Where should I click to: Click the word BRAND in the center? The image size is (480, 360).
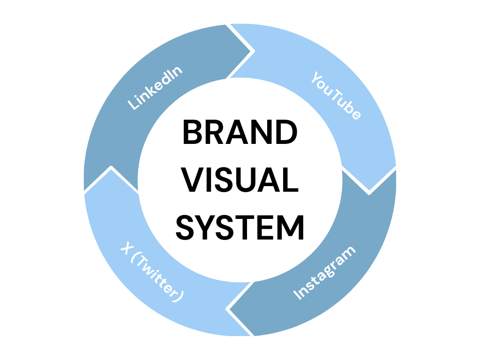coord(240,133)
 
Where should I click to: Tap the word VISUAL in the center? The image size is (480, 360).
coord(240,181)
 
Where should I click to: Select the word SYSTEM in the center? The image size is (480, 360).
coord(240,228)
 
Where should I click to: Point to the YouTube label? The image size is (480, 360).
coord(336,96)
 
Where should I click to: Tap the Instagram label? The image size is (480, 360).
coord(324,272)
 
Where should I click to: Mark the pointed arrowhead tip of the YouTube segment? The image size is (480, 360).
coord(369,192)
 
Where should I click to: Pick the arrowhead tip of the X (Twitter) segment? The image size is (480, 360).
coord(111,168)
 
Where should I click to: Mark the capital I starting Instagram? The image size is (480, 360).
coord(297,296)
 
